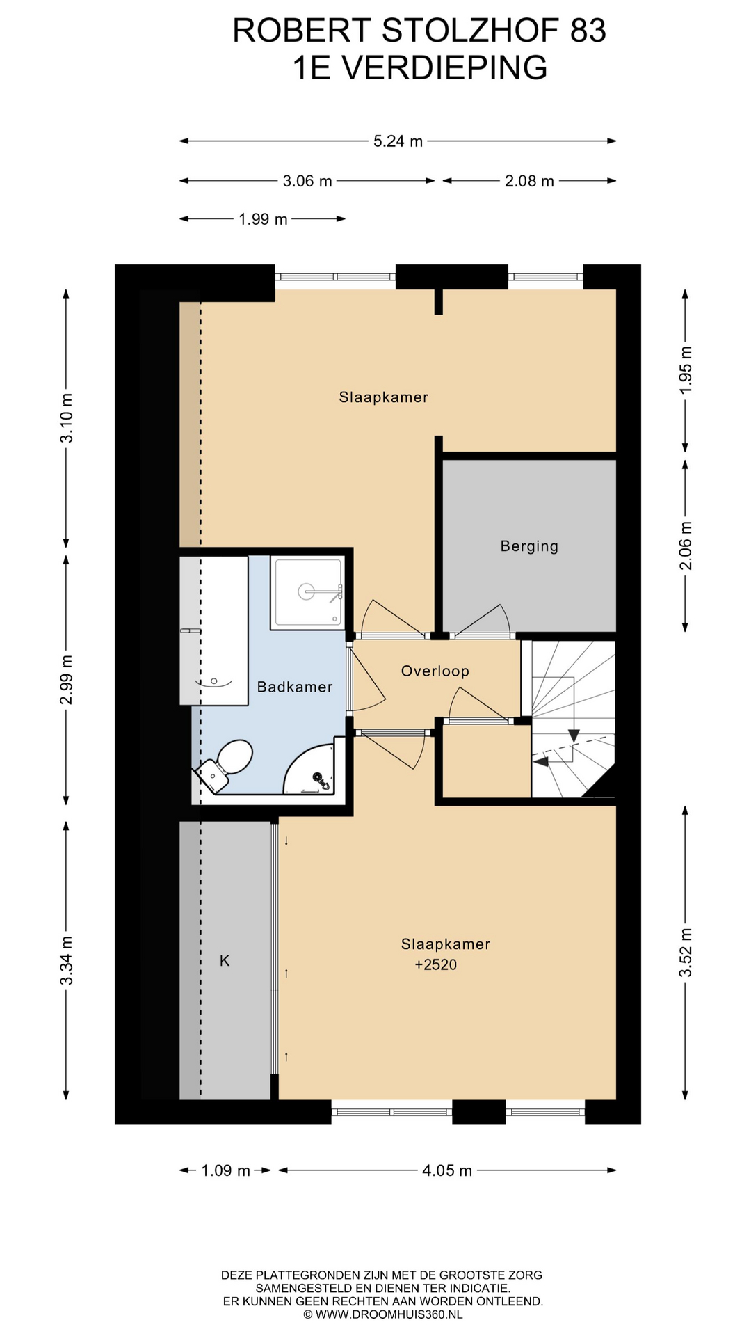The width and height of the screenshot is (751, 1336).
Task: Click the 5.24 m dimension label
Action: [398, 141]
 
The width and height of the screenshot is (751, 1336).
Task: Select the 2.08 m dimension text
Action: [529, 181]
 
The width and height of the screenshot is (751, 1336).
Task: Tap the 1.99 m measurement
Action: [263, 219]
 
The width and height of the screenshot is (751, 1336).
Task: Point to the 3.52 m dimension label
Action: [686, 952]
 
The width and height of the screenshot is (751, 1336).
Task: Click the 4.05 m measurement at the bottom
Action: [447, 1170]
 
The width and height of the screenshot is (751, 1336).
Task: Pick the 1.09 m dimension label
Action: [225, 1170]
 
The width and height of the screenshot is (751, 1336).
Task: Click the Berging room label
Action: [529, 546]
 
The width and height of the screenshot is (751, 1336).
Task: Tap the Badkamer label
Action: [295, 687]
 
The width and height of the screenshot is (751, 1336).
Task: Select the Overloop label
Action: [435, 671]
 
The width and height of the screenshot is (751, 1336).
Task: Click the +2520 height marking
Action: [436, 964]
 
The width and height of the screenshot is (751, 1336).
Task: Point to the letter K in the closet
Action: [225, 960]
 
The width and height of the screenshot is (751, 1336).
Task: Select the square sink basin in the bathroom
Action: [308, 592]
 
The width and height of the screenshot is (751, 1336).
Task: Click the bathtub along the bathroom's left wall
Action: [213, 630]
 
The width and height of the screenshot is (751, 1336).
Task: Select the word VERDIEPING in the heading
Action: [446, 67]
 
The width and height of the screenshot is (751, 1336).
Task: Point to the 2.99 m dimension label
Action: [67, 679]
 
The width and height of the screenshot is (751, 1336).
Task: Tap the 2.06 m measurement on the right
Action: [686, 545]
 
